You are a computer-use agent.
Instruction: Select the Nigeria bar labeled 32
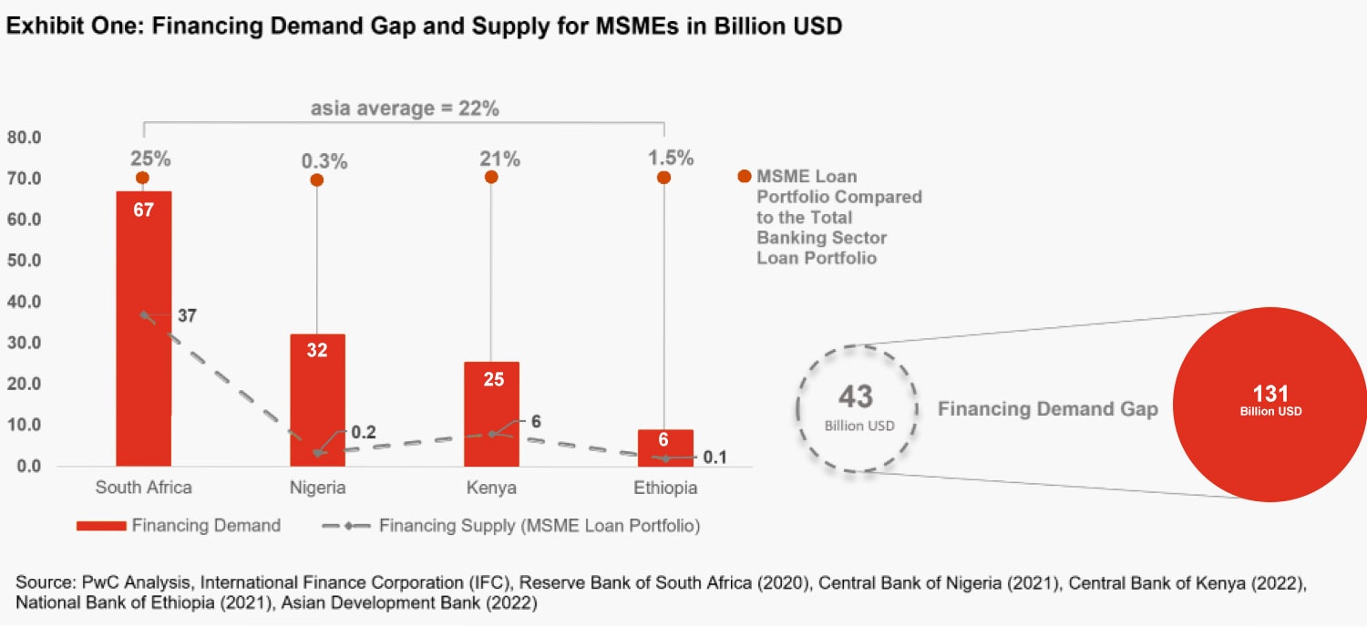(x=317, y=401)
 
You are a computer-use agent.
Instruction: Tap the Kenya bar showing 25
(x=491, y=415)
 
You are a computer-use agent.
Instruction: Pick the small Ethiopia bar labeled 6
(x=664, y=448)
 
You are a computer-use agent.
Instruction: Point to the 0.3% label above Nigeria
(x=324, y=161)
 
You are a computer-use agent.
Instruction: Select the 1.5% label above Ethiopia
(x=671, y=158)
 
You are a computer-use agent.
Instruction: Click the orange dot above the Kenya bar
(x=491, y=177)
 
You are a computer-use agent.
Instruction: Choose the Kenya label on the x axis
(x=491, y=488)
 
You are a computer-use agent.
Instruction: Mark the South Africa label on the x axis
(x=144, y=488)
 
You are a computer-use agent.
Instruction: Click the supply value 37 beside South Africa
(x=188, y=316)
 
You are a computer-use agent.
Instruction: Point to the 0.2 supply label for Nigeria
(x=364, y=433)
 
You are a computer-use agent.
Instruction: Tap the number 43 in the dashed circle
(x=855, y=396)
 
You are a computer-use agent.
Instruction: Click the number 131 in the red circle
(x=1270, y=394)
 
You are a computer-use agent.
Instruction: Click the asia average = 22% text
(x=405, y=109)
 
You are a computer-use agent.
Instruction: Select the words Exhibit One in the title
(x=67, y=27)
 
